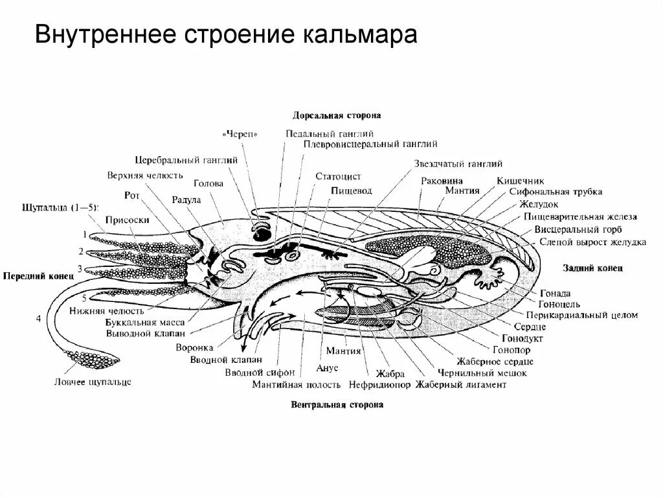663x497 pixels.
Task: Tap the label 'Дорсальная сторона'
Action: click(x=336, y=115)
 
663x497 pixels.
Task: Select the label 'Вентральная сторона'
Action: click(x=337, y=405)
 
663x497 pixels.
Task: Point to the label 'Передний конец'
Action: click(x=38, y=275)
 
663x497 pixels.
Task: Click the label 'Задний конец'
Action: click(x=591, y=268)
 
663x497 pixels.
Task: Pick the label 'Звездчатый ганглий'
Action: click(x=458, y=165)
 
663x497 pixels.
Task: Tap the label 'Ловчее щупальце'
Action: click(x=93, y=382)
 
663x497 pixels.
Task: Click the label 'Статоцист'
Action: click(x=338, y=176)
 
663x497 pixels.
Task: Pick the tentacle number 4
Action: click(x=39, y=318)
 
